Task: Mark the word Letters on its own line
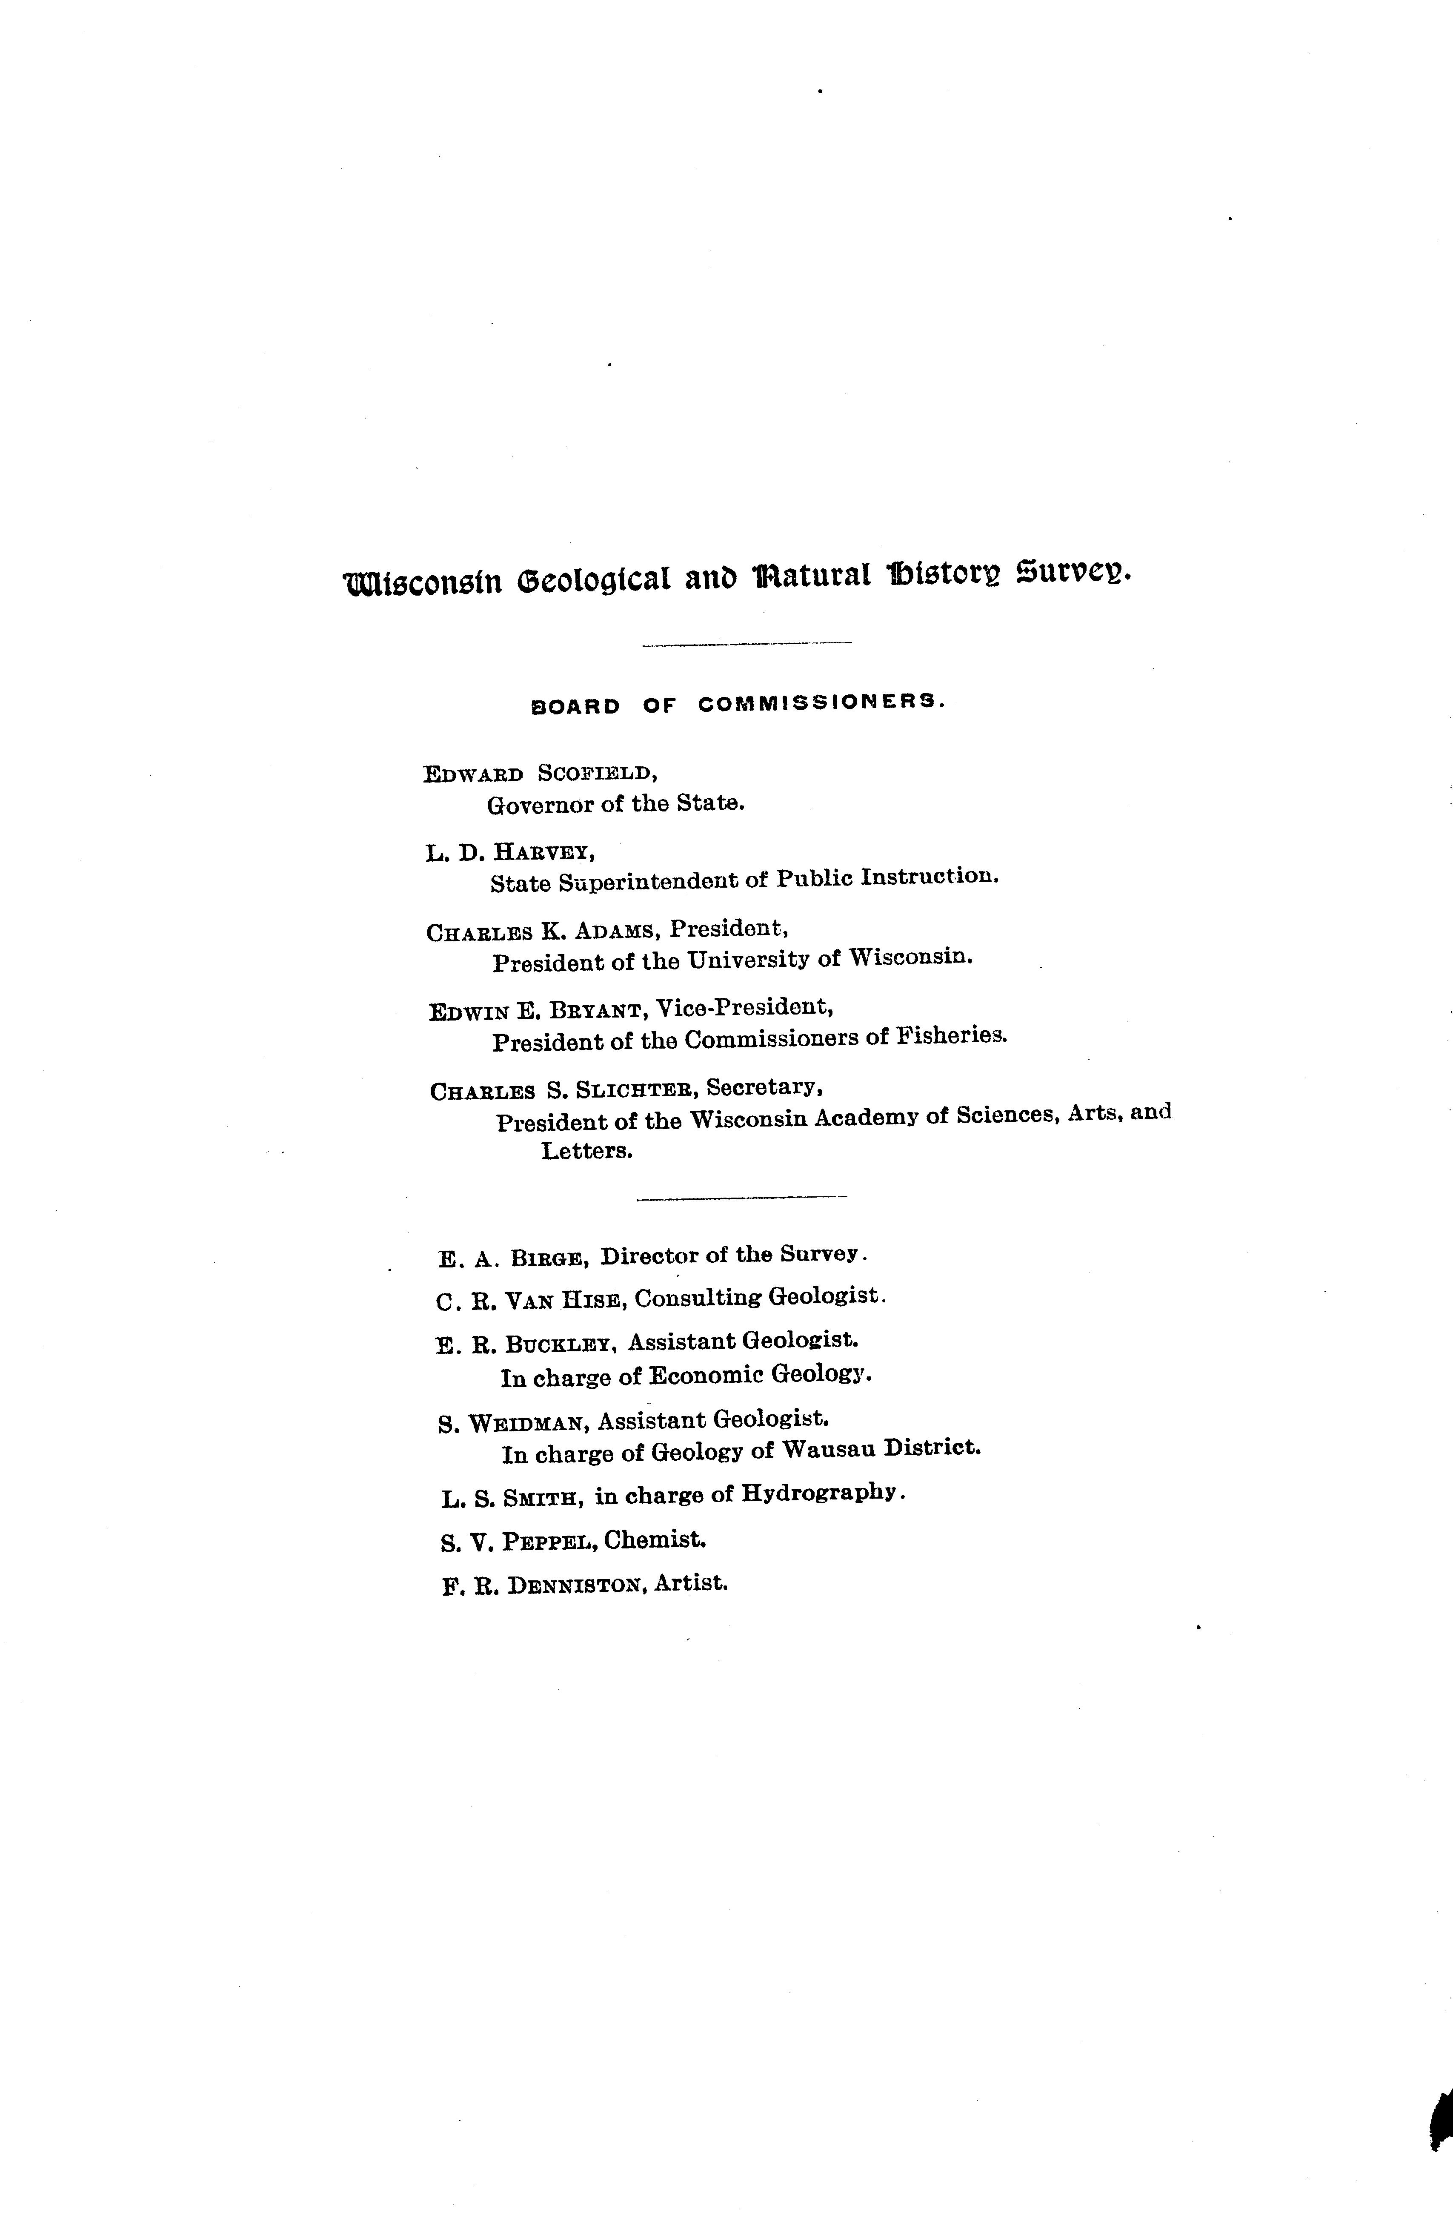click(586, 1151)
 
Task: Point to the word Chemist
click(655, 1539)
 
